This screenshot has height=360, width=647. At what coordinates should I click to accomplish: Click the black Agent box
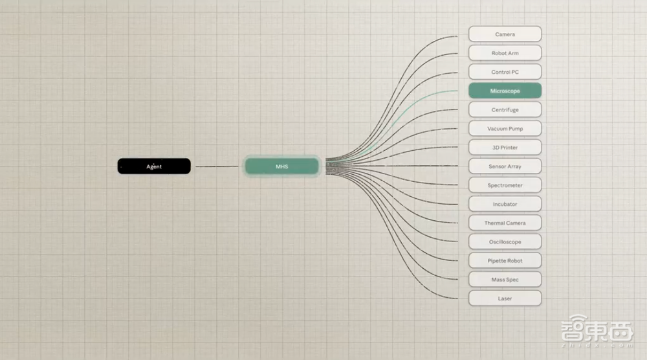click(x=154, y=166)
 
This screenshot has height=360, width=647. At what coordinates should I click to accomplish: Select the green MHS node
click(x=282, y=166)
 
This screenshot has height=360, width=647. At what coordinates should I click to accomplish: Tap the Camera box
click(x=505, y=34)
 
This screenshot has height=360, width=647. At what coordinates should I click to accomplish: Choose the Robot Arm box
click(x=505, y=53)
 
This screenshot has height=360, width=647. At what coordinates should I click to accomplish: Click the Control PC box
click(x=505, y=72)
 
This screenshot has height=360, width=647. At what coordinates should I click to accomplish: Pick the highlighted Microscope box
click(x=505, y=91)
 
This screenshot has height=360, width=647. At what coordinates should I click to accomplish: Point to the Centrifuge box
click(x=505, y=109)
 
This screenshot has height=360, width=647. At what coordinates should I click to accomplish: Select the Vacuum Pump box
click(x=505, y=128)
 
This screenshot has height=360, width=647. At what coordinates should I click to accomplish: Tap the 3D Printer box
click(x=505, y=148)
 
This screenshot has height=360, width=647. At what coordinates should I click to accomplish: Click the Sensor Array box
click(x=505, y=166)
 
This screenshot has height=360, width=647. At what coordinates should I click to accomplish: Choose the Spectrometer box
click(x=505, y=185)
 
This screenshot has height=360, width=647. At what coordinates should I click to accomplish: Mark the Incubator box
click(x=505, y=204)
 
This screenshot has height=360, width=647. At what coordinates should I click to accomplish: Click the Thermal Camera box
click(x=505, y=223)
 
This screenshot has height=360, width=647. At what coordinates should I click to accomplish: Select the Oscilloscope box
click(x=505, y=242)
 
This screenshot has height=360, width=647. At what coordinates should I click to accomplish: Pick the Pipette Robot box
click(x=505, y=260)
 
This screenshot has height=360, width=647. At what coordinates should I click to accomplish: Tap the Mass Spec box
click(x=505, y=280)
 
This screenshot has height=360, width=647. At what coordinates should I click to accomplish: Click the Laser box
click(x=505, y=298)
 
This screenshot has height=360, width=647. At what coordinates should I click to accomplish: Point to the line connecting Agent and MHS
click(x=217, y=166)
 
